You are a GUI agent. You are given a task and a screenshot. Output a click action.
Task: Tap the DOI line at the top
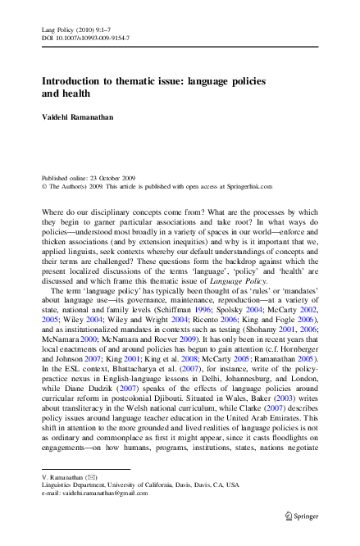[x=85, y=39]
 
